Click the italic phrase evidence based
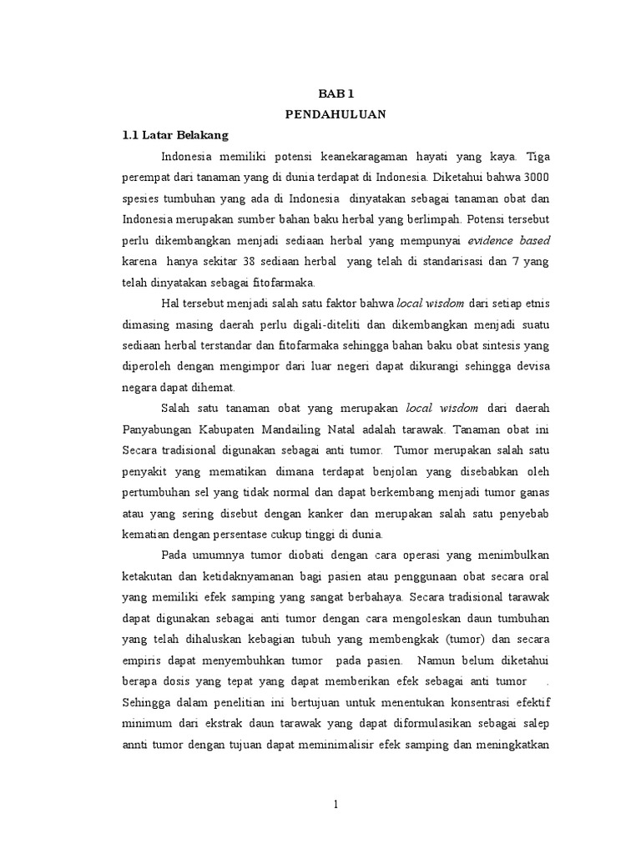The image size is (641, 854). coord(509,240)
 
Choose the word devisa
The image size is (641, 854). coord(530,367)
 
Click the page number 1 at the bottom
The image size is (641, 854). coord(335,805)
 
